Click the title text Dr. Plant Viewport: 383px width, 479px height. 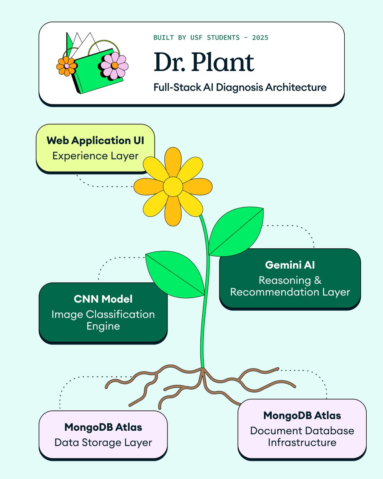(x=203, y=63)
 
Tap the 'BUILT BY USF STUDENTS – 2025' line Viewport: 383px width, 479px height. (x=211, y=38)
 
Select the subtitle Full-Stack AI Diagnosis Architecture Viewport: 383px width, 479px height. (x=240, y=87)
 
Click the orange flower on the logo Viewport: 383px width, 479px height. (x=67, y=66)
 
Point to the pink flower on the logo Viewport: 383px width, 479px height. (x=114, y=65)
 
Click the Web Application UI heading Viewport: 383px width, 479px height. (x=95, y=141)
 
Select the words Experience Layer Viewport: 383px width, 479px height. (x=95, y=156)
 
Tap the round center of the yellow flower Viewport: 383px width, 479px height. (x=173, y=186)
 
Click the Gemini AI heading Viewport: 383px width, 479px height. (x=290, y=265)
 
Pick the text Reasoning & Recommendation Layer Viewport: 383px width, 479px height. (x=290, y=286)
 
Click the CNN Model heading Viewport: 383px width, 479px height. (x=103, y=299)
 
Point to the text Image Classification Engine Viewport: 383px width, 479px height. (x=103, y=320)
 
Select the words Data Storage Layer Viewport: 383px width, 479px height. (x=103, y=442)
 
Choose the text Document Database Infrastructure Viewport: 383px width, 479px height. (x=302, y=436)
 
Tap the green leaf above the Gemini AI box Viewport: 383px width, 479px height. (x=236, y=232)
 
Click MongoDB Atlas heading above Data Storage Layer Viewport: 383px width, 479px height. (x=103, y=427)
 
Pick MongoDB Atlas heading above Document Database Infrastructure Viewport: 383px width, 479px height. (x=302, y=416)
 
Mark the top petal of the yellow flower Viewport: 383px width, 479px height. (x=173, y=162)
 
